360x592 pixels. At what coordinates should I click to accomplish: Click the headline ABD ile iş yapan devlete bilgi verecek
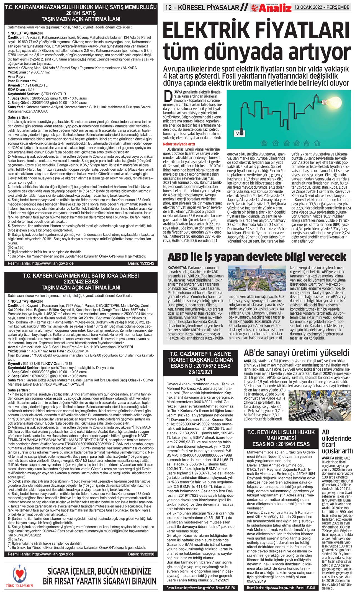tap(257, 257)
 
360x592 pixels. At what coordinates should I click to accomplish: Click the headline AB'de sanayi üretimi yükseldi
tap(296, 353)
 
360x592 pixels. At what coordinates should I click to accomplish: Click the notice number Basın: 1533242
tap(141, 263)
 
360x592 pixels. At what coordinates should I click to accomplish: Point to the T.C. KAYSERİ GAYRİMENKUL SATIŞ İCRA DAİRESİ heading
tap(81, 281)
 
